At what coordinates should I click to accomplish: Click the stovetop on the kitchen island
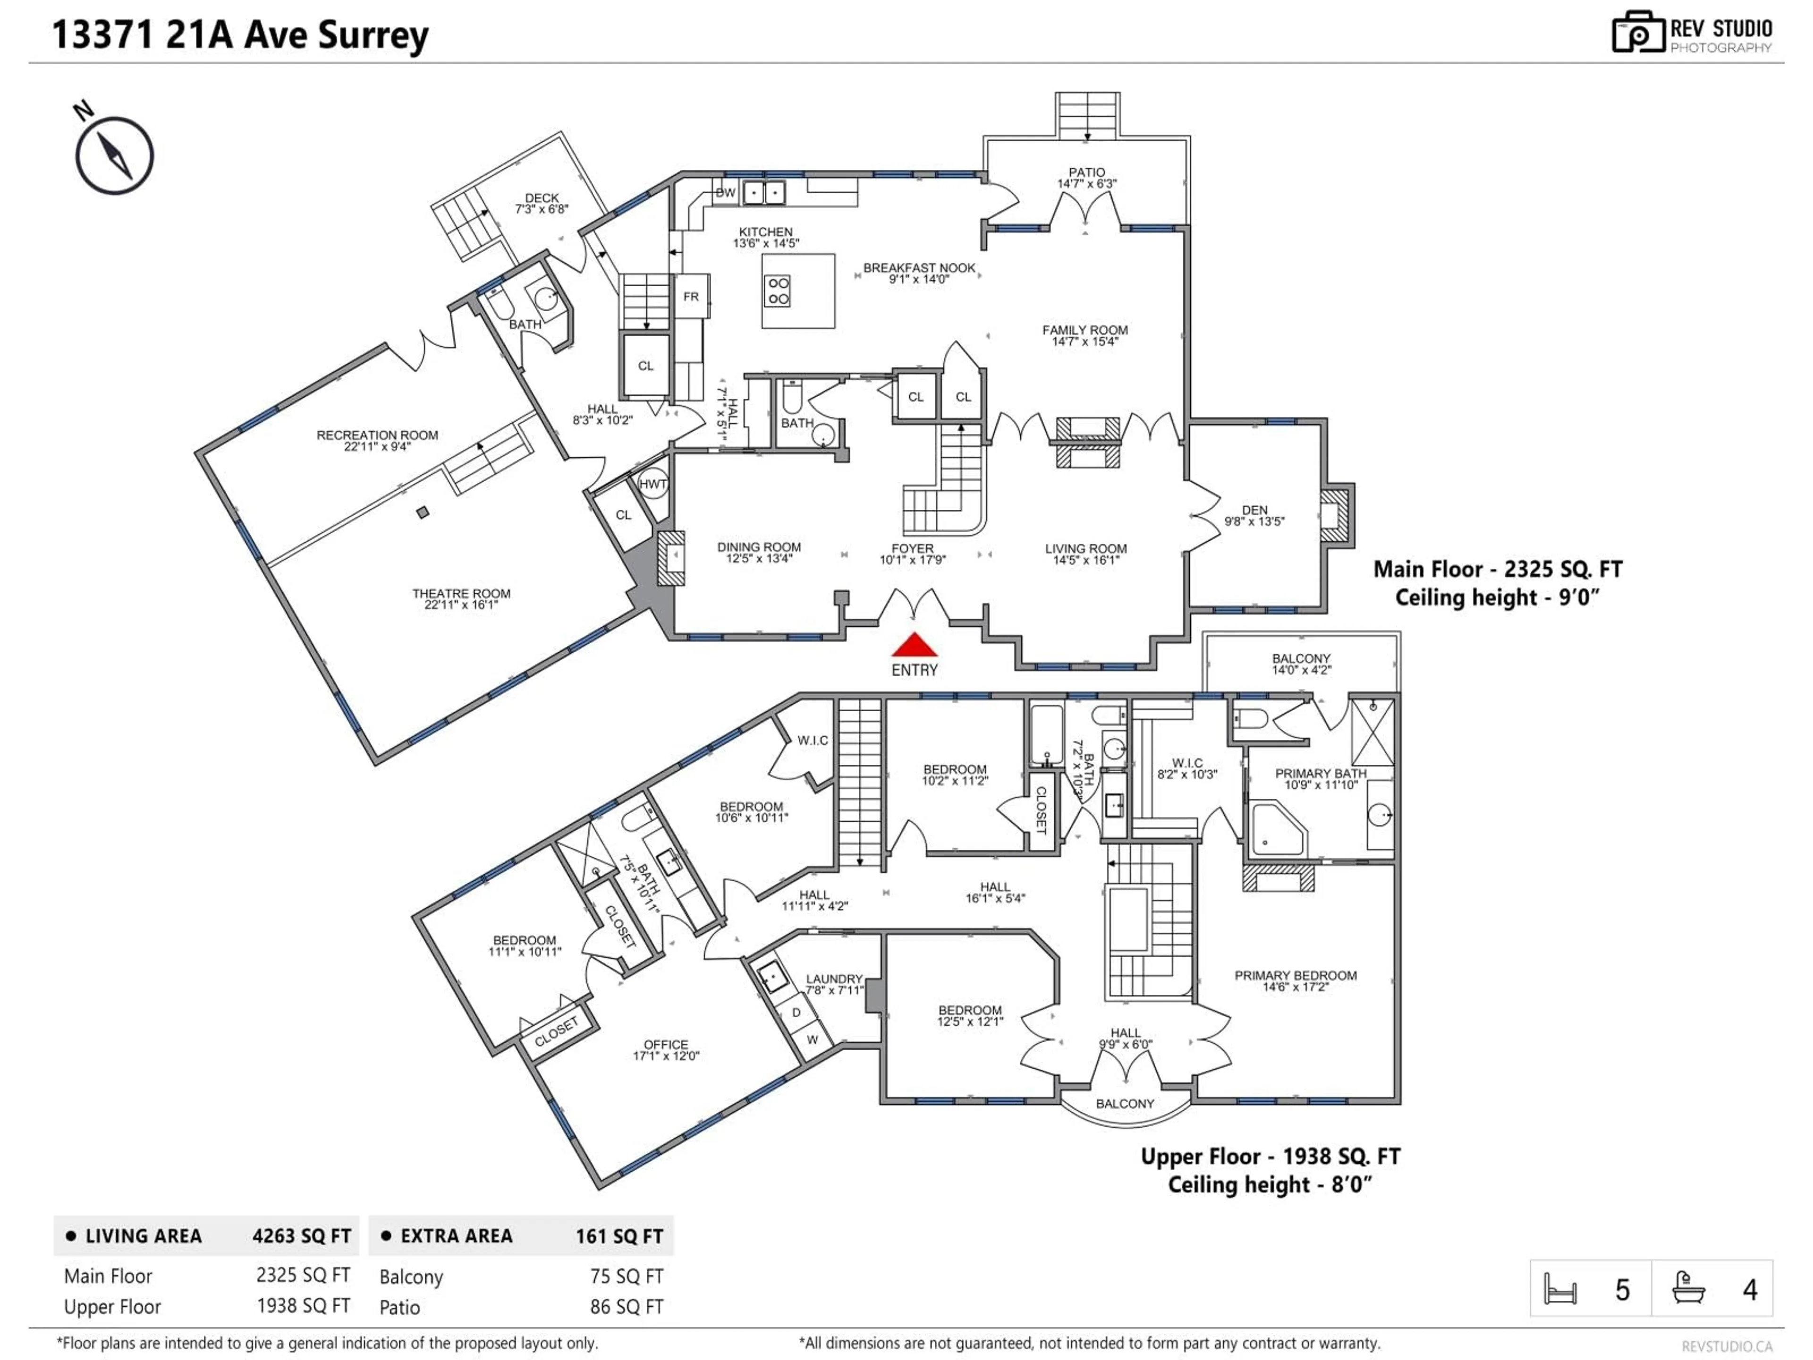(x=777, y=291)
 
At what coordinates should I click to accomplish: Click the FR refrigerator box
(x=691, y=297)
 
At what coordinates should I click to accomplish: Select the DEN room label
(x=1254, y=510)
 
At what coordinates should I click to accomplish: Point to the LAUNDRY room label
(x=833, y=979)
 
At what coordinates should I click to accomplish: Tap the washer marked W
(x=812, y=1039)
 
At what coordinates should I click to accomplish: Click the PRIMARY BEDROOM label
(x=1295, y=976)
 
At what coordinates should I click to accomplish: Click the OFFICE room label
(x=666, y=1045)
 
